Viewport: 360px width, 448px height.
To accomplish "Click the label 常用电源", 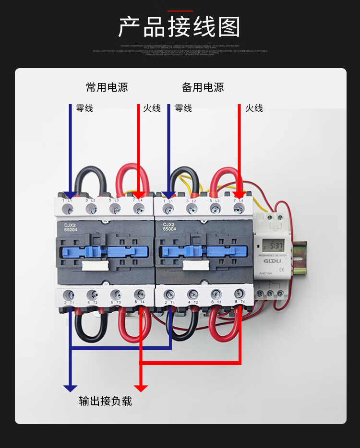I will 107,87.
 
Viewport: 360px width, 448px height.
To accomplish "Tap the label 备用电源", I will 203,87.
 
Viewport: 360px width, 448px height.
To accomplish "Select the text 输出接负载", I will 106,401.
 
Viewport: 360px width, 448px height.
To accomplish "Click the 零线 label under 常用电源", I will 84,108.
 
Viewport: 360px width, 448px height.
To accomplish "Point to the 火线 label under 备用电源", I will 254,108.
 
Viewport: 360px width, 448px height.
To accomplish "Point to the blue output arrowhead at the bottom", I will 71,388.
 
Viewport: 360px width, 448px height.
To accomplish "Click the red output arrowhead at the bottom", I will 141,388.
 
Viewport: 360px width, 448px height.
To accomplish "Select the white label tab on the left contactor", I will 93,266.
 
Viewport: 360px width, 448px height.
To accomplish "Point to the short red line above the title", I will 180,11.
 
